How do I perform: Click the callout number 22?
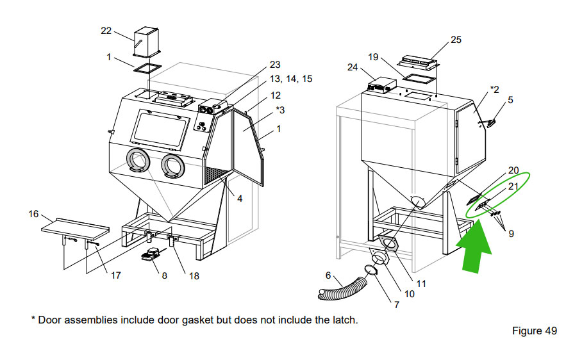[106, 30]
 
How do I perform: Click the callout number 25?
[456, 40]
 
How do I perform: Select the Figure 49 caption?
[534, 331]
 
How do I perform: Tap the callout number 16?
[34, 214]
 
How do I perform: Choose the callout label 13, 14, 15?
[290, 79]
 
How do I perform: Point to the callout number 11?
[420, 282]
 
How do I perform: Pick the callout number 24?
[353, 67]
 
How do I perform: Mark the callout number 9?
[511, 234]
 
